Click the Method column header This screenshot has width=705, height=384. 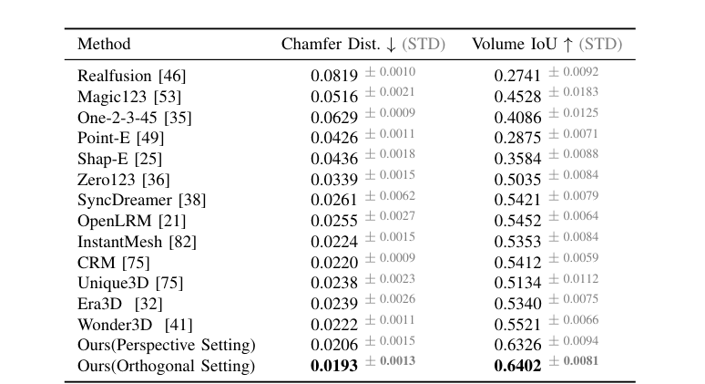pos(104,44)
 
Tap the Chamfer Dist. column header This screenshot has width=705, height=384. pos(325,44)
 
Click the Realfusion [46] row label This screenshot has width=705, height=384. pos(131,76)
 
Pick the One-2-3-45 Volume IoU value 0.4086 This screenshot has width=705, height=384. pos(518,117)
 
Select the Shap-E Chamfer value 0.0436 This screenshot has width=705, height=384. pos(334,159)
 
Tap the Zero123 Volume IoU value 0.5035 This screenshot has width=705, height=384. pos(518,180)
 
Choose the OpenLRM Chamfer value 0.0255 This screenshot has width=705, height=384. pos(334,221)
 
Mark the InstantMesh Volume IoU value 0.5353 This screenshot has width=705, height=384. pos(518,242)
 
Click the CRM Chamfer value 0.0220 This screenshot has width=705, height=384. pos(334,263)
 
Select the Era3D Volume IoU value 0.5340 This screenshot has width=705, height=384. pos(518,304)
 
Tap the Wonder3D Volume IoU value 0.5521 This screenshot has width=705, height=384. pos(518,325)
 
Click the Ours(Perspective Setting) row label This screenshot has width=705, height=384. pos(167,346)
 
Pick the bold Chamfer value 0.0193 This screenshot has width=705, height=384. pos(334,366)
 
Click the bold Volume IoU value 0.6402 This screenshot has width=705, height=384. pos(518,366)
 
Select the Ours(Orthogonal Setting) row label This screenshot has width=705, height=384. pos(166,366)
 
